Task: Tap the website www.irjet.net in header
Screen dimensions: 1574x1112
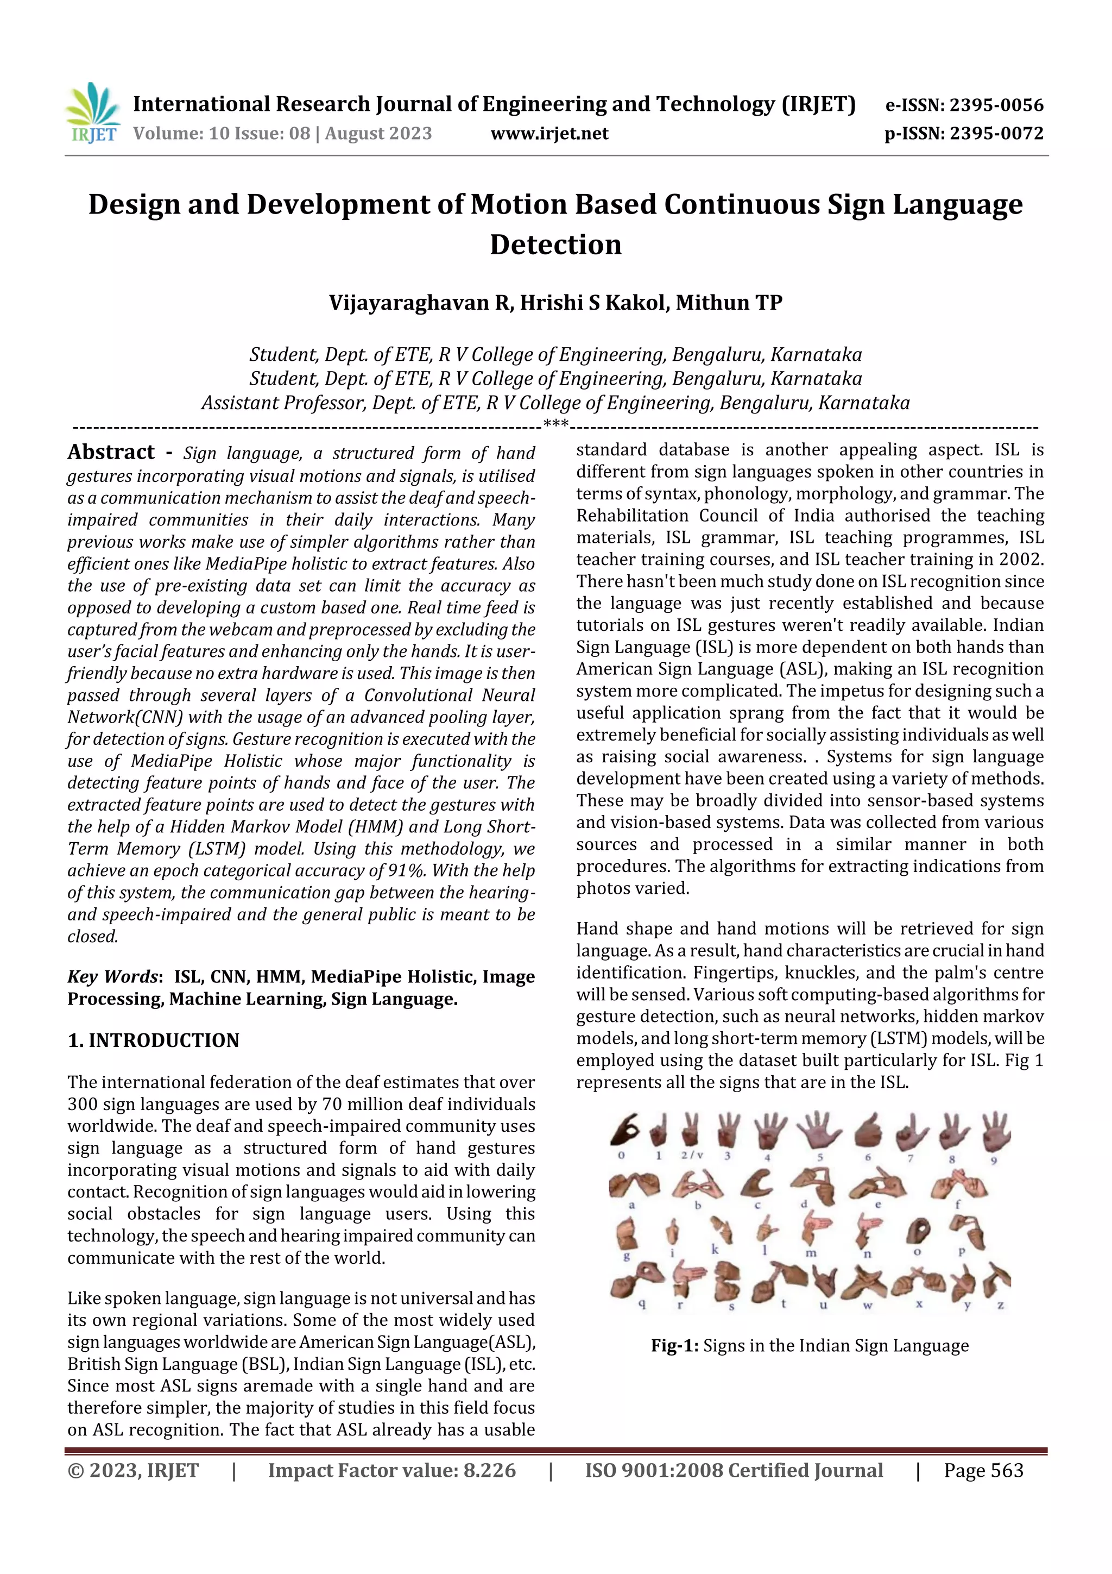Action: (549, 133)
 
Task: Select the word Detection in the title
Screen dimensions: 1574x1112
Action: (555, 244)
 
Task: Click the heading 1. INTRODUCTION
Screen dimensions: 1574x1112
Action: (154, 1040)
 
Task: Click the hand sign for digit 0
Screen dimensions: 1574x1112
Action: (624, 1131)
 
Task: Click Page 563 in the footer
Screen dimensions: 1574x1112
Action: (983, 1470)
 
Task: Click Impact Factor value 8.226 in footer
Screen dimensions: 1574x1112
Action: (391, 1470)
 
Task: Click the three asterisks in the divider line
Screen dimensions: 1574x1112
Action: (555, 423)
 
